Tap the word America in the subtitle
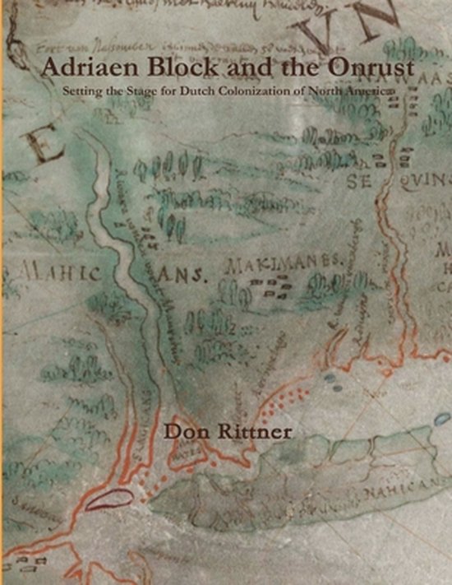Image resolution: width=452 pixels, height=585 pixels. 375,89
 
